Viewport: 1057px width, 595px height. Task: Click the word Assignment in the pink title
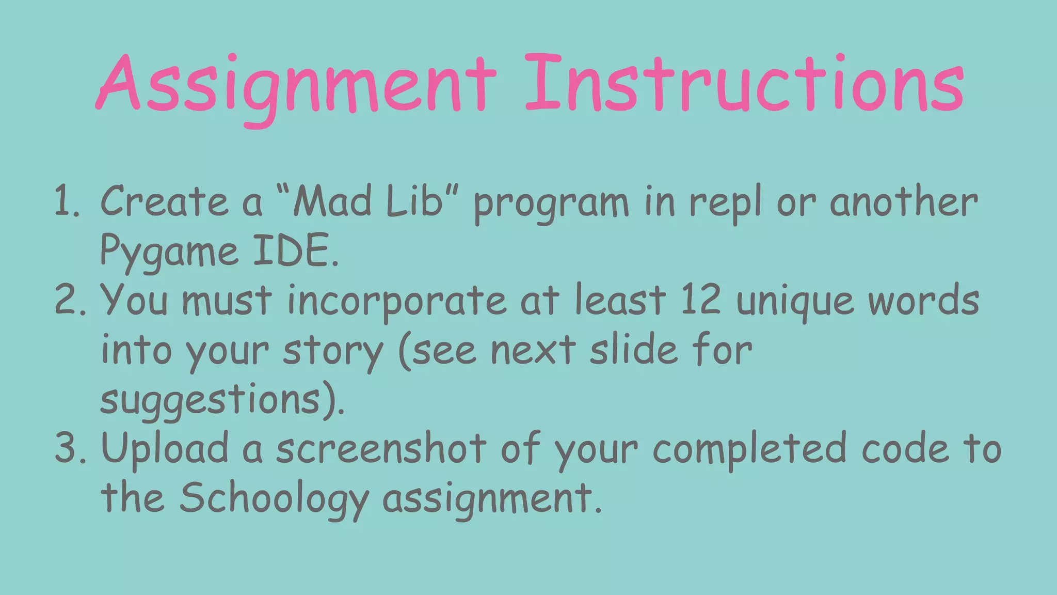tap(296, 85)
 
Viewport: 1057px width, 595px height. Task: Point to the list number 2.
tap(69, 301)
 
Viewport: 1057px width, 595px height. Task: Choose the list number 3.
tap(69, 448)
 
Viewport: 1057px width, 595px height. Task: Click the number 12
tap(700, 301)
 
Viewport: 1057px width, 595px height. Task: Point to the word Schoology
tap(274, 498)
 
